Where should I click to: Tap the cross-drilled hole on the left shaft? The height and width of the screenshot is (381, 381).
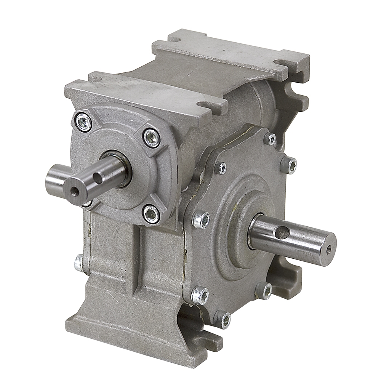tap(98, 178)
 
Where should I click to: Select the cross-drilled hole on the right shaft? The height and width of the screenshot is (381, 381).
tap(282, 232)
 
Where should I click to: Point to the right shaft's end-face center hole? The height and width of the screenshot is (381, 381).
tap(328, 250)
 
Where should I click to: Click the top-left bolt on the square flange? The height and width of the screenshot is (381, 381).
tap(84, 123)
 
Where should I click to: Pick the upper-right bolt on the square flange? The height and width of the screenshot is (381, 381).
tap(151, 138)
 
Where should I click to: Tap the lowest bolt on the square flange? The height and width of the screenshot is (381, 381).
tap(151, 214)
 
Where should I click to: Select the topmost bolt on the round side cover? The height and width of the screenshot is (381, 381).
tap(270, 139)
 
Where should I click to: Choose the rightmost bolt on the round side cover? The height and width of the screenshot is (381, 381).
tap(288, 165)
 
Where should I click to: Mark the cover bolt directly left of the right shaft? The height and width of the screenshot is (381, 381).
tap(201, 220)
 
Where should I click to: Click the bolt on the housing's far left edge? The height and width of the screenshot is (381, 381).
tap(79, 263)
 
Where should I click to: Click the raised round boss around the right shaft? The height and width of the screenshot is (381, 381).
tap(244, 225)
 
